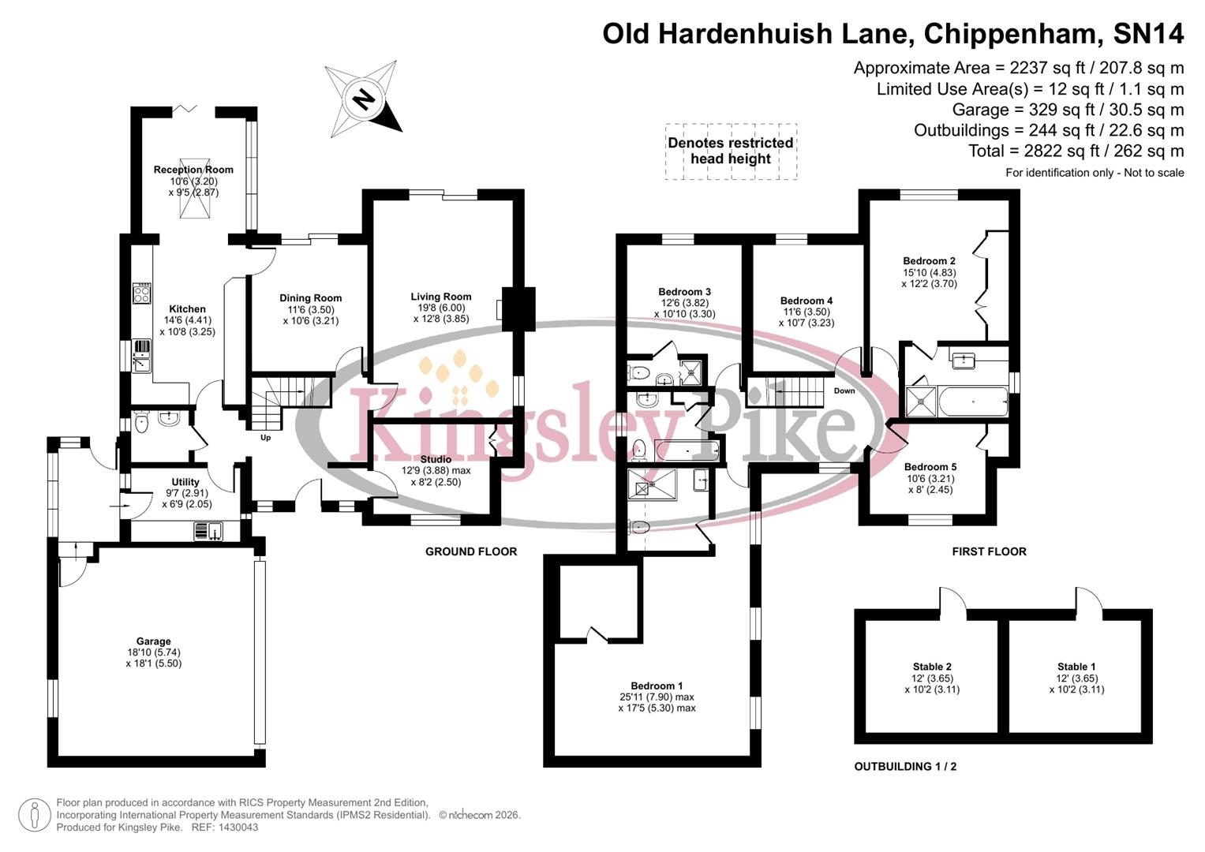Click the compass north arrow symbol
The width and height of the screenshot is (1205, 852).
tap(364, 99)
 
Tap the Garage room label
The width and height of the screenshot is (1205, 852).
tap(153, 641)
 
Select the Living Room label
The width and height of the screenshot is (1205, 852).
tap(440, 297)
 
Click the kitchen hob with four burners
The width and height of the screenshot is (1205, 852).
tap(142, 293)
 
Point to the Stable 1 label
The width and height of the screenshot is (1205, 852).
tap(1076, 667)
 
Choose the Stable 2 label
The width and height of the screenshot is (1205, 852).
tap(932, 667)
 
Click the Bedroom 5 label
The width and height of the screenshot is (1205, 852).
tap(930, 467)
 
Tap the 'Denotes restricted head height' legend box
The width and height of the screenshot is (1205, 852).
tap(731, 151)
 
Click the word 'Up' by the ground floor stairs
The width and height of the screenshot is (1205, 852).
tap(265, 438)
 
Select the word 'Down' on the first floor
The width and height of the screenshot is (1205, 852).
tap(844, 391)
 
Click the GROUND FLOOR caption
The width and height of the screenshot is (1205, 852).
tap(471, 551)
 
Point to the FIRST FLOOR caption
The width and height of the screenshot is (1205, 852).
tap(989, 551)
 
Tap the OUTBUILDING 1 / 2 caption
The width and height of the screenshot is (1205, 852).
tap(905, 766)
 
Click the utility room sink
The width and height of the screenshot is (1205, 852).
tap(209, 532)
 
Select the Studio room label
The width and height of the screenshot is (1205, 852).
tap(436, 459)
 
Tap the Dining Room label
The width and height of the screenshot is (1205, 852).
tap(310, 298)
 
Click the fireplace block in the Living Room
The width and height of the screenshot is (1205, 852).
tap(517, 308)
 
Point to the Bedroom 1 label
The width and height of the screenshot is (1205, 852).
tap(657, 686)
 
